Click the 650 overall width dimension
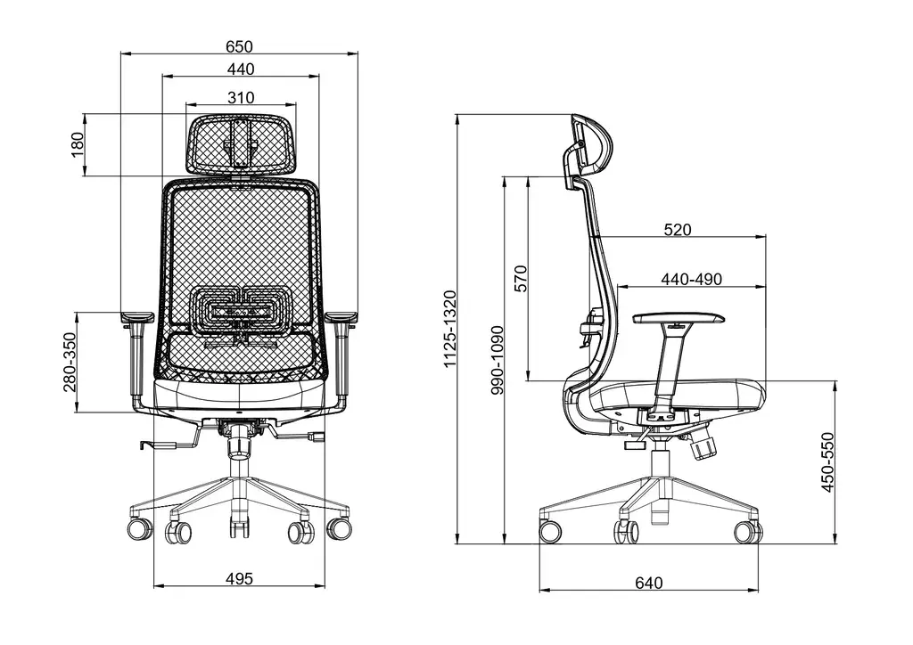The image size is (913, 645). (239, 46)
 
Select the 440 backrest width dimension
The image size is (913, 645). (240, 69)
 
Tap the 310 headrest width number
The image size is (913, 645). (240, 97)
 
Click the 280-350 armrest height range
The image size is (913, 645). (70, 363)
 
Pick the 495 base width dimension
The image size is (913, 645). (239, 578)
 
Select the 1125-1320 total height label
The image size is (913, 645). (450, 329)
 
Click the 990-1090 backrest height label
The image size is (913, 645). (498, 361)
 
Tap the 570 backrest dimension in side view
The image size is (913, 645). (522, 278)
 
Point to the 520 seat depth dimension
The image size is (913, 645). (678, 230)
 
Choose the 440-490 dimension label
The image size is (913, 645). (691, 279)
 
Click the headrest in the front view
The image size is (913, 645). (241, 143)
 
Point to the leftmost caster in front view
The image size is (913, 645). (140, 529)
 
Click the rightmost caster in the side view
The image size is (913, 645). (747, 532)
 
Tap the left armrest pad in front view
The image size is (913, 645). (136, 315)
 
